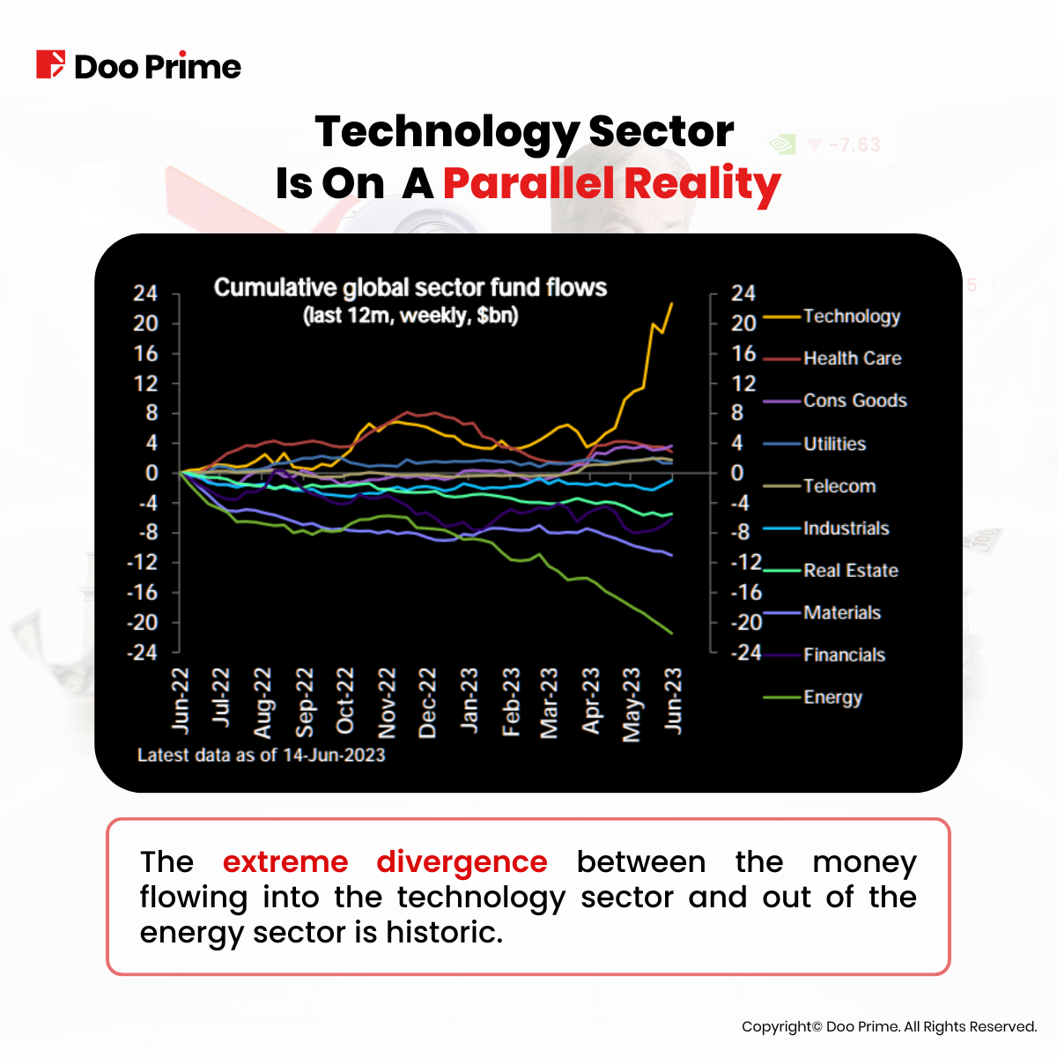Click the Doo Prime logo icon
pyautogui.click(x=50, y=65)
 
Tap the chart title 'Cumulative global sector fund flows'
pyautogui.click(x=410, y=288)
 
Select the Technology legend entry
pyautogui.click(x=851, y=316)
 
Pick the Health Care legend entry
pyautogui.click(x=852, y=358)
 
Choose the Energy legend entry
pyautogui.click(x=832, y=698)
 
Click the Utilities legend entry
pyautogui.click(x=834, y=444)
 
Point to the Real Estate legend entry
pyautogui.click(x=850, y=571)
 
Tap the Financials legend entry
pyautogui.click(x=844, y=655)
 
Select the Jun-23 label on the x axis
pyautogui.click(x=674, y=700)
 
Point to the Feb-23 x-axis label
pyautogui.click(x=511, y=702)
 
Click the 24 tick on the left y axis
pyautogui.click(x=145, y=293)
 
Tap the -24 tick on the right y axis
pyautogui.click(x=746, y=653)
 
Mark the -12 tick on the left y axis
pyautogui.click(x=142, y=562)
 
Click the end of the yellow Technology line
pyautogui.click(x=672, y=304)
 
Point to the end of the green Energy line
pyautogui.click(x=672, y=632)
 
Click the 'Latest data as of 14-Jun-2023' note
pyautogui.click(x=262, y=755)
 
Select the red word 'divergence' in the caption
pyautogui.click(x=462, y=861)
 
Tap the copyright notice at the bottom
pyautogui.click(x=889, y=1026)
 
